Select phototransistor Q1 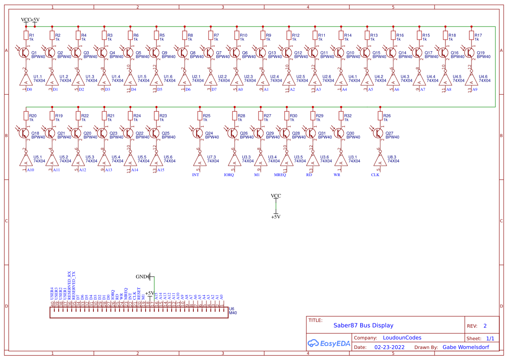point(24,53)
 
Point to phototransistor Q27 point(378,133)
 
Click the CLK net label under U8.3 point(375,175)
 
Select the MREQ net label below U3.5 point(280,175)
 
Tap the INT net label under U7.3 point(196,175)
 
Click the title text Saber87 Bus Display point(363,325)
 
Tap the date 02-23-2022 point(389,347)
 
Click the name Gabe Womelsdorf point(466,347)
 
